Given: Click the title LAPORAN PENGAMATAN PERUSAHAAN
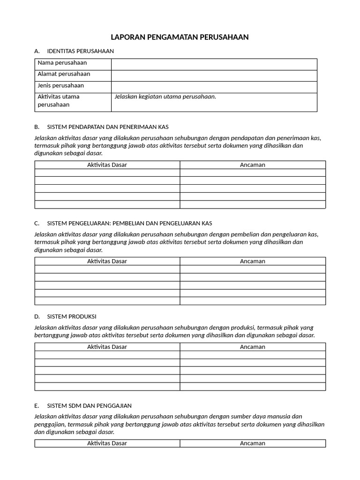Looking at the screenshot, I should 180,37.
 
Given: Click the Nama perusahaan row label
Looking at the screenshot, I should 62,63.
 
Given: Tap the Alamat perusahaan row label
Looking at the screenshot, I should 64,74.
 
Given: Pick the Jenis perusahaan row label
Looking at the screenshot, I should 60,85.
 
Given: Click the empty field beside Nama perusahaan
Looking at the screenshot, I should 214,64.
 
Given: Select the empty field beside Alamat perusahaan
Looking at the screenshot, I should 214,75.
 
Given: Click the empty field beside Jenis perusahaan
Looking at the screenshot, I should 214,87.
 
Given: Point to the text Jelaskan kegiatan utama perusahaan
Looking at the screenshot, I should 165,97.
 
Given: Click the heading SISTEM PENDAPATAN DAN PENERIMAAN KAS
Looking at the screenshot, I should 108,127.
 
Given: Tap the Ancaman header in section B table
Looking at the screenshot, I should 253,165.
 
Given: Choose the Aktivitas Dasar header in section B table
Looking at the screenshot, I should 107,165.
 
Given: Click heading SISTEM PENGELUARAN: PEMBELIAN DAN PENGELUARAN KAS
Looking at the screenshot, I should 126,223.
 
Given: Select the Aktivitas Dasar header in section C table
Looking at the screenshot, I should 107,261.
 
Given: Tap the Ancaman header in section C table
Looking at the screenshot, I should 253,261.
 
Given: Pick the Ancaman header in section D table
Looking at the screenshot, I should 253,347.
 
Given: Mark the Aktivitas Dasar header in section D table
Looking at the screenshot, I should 107,347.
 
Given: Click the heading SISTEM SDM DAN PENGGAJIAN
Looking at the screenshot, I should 89,405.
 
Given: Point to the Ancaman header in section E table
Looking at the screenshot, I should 253,443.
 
